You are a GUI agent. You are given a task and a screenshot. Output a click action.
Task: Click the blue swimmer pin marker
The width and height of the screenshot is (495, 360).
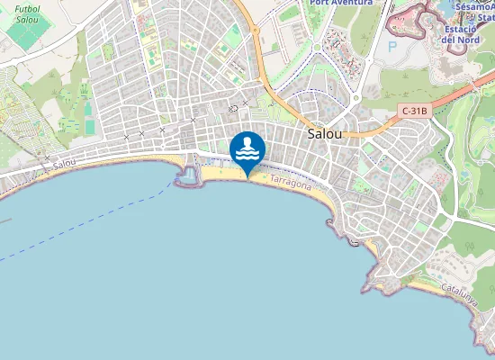[247, 151]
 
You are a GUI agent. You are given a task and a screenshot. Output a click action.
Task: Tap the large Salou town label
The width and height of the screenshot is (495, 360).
[325, 132]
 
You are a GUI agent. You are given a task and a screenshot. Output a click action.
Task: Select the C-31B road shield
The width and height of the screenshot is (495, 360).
[415, 111]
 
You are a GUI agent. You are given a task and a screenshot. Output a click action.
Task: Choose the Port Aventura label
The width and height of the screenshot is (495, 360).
[340, 3]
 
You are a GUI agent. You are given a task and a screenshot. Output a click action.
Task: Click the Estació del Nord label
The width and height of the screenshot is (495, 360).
[461, 34]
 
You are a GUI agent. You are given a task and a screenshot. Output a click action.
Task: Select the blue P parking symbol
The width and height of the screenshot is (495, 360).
[391, 46]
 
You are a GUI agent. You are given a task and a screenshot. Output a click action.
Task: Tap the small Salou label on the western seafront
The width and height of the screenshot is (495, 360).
[64, 165]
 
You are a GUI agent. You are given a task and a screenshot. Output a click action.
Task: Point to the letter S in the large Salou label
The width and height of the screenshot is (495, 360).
[311, 132]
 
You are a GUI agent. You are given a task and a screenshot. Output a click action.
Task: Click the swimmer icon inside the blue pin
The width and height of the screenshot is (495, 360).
[247, 148]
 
